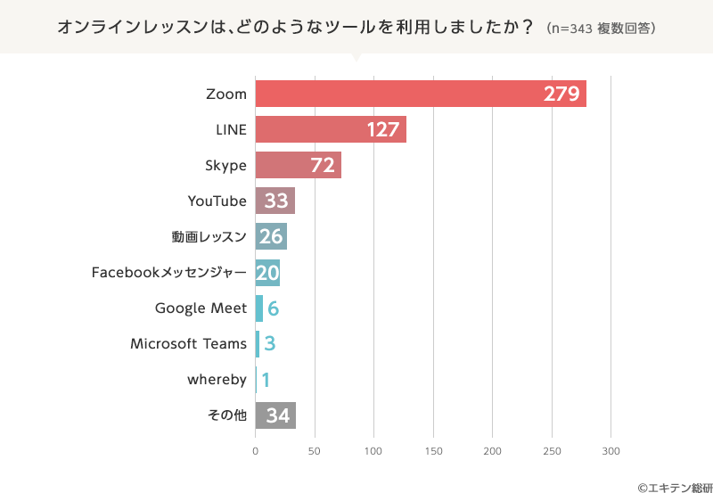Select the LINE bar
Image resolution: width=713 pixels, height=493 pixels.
[x=331, y=129]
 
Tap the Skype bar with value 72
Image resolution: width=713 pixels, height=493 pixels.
[x=298, y=165]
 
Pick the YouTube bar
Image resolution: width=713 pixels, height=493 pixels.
[x=275, y=201]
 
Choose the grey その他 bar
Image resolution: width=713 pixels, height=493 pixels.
[x=275, y=415]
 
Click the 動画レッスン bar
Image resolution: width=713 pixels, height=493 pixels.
[x=271, y=236]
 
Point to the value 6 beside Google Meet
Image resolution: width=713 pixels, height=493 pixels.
[x=274, y=308]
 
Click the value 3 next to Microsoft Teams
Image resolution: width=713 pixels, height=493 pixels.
[x=269, y=344]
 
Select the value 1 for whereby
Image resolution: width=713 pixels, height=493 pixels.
[x=266, y=380]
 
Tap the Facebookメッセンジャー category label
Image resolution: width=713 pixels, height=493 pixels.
[x=168, y=272]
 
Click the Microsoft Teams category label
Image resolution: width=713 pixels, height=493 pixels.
[x=188, y=343]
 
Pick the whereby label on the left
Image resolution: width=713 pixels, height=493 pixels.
[x=217, y=380]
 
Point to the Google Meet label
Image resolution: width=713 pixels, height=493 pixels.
[x=201, y=308]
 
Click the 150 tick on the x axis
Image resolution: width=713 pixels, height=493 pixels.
[x=433, y=451]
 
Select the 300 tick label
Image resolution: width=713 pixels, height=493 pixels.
[x=611, y=451]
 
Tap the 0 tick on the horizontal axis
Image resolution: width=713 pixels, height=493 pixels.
[x=256, y=451]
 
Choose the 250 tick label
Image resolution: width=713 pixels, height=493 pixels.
[x=552, y=451]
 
